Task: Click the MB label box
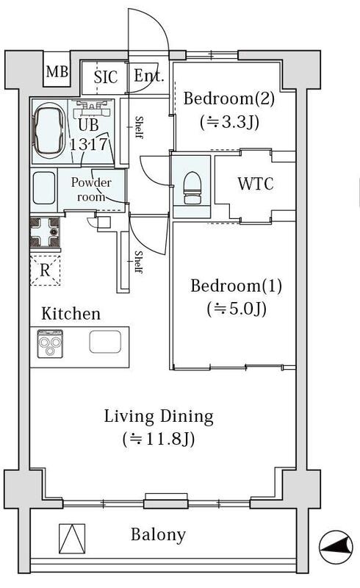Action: pyautogui.click(x=57, y=71)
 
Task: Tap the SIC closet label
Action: pyautogui.click(x=106, y=77)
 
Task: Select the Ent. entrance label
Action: pyautogui.click(x=149, y=76)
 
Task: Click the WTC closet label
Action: pyautogui.click(x=256, y=184)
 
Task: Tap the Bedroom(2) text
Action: pyautogui.click(x=228, y=98)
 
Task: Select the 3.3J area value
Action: pyautogui.click(x=229, y=122)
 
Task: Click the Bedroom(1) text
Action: pyautogui.click(x=237, y=286)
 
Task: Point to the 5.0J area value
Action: pyautogui.click(x=237, y=309)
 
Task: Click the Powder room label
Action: pyautogui.click(x=91, y=190)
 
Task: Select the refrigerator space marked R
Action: pyautogui.click(x=45, y=270)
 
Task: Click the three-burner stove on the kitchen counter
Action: pyautogui.click(x=50, y=343)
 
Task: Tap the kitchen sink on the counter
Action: pyautogui.click(x=105, y=342)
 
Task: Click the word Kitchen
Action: pyautogui.click(x=71, y=314)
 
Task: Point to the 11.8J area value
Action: pyautogui.click(x=159, y=439)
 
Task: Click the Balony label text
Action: pyautogui.click(x=158, y=534)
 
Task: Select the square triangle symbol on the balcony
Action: pyautogui.click(x=72, y=539)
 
